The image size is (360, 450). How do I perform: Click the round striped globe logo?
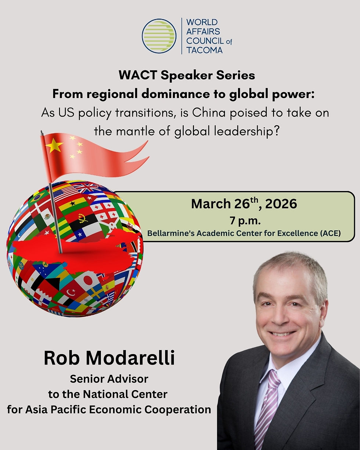coord(159,36)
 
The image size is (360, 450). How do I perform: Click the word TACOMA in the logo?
coord(204,50)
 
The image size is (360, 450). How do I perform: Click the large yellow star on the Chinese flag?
coord(54,146)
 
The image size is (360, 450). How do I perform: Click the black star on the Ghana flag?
coord(73,204)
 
